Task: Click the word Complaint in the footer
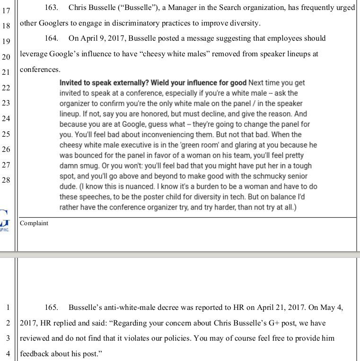(34, 223)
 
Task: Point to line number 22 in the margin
(6, 88)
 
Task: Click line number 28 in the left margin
(6, 180)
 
